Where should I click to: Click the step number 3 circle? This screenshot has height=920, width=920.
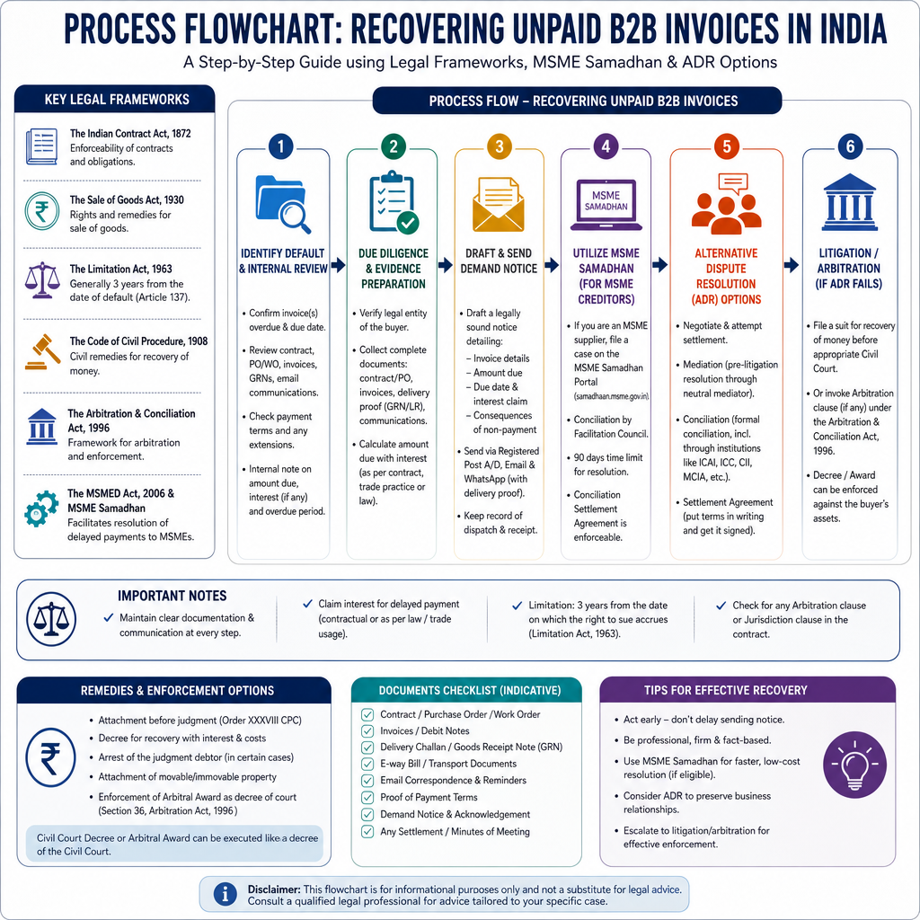click(500, 146)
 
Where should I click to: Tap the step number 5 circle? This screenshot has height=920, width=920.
click(726, 146)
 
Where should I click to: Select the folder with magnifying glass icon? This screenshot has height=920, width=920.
click(283, 204)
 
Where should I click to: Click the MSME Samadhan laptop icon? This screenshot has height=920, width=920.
click(606, 204)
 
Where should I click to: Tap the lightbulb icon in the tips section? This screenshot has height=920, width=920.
click(855, 765)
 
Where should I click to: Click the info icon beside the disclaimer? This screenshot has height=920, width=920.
click(225, 894)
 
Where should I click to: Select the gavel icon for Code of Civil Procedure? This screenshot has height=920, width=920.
click(43, 352)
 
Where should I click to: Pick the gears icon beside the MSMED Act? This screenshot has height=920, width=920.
click(41, 509)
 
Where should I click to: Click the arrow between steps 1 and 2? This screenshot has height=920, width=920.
click(338, 265)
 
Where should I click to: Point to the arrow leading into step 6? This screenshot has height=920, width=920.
click(792, 265)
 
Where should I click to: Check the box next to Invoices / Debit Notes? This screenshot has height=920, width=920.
click(367, 731)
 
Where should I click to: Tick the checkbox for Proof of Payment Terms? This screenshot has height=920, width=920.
click(367, 798)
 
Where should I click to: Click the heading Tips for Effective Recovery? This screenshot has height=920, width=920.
click(726, 690)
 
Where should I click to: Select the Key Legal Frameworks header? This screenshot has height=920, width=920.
click(117, 99)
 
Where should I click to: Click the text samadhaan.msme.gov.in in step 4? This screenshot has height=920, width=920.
click(611, 396)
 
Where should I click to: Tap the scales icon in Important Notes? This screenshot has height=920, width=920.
click(51, 619)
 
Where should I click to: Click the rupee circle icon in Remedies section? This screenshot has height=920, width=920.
click(50, 756)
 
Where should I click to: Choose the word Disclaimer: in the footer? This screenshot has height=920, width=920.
click(274, 889)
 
